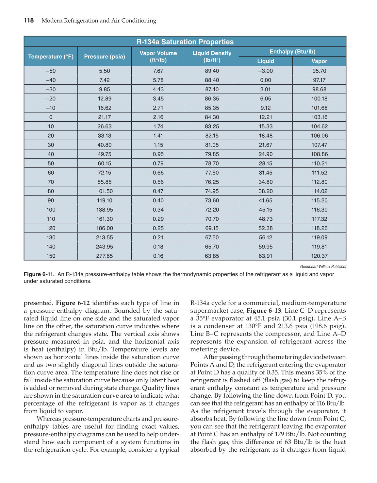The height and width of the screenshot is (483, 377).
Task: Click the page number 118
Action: tap(29, 21)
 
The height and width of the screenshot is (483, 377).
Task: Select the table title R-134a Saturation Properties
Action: tap(185, 42)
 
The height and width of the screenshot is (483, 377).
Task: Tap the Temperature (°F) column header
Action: tap(51, 57)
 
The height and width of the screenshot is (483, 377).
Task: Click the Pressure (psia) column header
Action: tap(105, 57)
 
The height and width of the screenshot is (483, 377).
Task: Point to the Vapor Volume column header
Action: tap(158, 57)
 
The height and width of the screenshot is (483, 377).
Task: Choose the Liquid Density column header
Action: tap(212, 57)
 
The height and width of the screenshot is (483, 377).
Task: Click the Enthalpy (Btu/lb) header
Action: tap(292, 52)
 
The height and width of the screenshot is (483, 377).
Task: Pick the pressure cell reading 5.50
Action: tap(105, 71)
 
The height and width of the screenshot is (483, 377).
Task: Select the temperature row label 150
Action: tap(51, 256)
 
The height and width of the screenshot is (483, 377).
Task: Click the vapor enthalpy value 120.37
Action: tap(319, 256)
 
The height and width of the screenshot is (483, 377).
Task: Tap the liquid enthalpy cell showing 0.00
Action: tap(265, 80)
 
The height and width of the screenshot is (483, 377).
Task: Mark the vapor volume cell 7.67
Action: tap(158, 71)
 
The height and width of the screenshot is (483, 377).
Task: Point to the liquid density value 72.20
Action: tap(212, 210)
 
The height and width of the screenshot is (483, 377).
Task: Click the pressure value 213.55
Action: tap(105, 237)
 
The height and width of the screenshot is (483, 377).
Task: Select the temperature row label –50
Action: tap(51, 71)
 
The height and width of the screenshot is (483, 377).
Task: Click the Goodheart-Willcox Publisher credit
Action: tap(323, 267)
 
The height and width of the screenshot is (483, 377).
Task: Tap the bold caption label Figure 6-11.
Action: tap(39, 274)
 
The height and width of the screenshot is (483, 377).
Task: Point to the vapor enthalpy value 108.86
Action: tap(319, 154)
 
